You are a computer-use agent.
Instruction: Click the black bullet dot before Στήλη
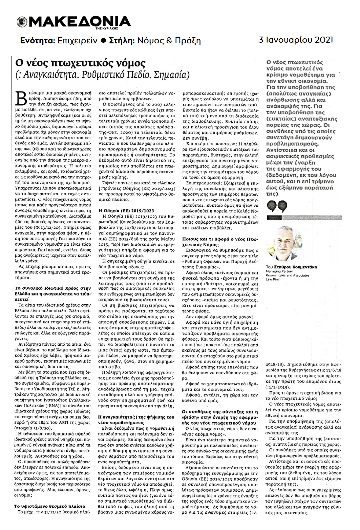pos(104,41)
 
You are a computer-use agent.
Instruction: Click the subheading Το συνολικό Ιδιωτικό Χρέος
pos(52,290)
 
